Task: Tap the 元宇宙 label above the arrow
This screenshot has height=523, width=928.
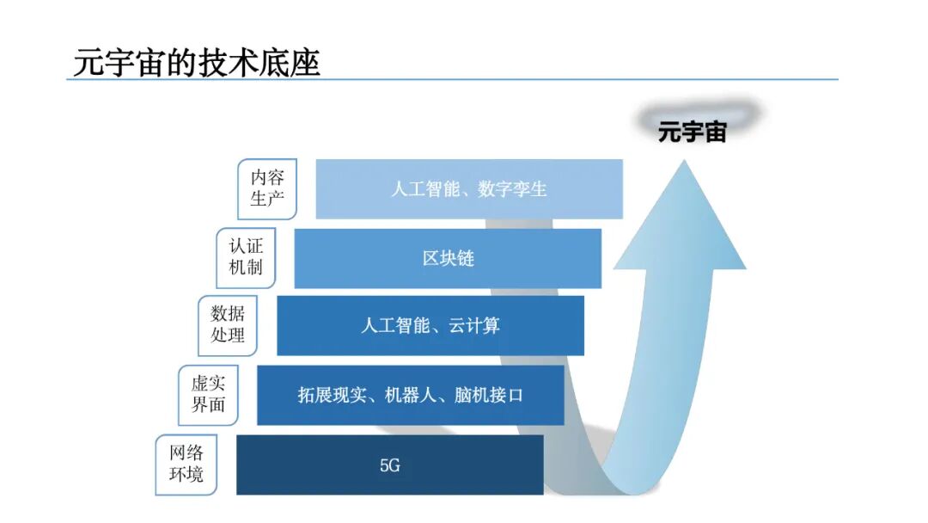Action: tap(693, 132)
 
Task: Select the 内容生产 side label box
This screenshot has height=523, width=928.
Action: tap(267, 188)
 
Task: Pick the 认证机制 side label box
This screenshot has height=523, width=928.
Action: tap(245, 257)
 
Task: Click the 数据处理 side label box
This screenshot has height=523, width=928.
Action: tap(228, 325)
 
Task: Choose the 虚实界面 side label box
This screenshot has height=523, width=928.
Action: tap(208, 395)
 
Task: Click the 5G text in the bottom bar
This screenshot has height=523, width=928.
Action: tap(390, 465)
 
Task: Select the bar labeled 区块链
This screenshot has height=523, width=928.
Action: tap(448, 258)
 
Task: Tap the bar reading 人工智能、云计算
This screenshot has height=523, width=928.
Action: tap(430, 326)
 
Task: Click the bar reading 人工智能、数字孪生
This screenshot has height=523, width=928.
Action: tap(469, 188)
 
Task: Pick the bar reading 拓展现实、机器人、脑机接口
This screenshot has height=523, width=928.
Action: tap(410, 396)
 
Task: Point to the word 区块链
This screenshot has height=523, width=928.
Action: tap(448, 258)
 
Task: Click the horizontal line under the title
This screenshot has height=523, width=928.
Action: tap(451, 80)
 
